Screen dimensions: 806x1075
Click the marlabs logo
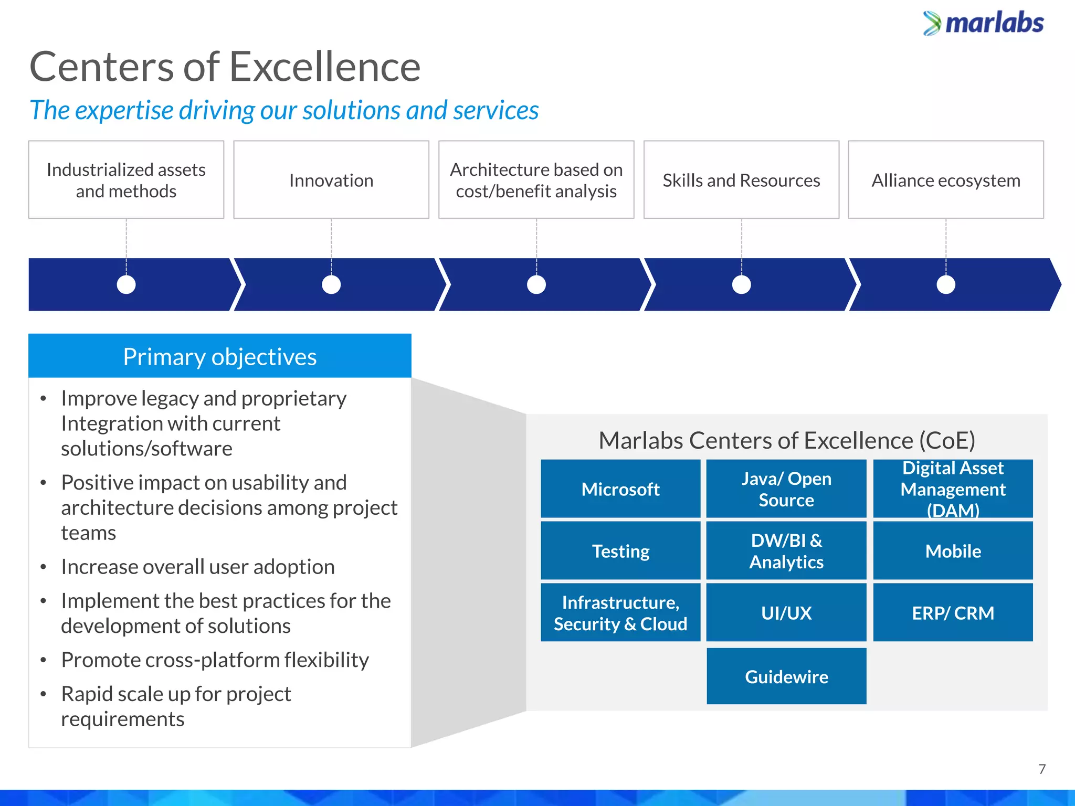point(984,23)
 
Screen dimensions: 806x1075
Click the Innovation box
point(331,180)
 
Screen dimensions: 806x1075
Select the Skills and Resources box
point(741,180)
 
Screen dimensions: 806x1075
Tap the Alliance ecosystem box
point(946,180)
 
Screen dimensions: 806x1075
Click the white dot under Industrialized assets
point(126,284)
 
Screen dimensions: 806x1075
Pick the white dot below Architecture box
point(536,284)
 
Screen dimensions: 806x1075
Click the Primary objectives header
point(220,356)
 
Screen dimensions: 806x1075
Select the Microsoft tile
point(620,489)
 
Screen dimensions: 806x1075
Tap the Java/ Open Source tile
point(786,489)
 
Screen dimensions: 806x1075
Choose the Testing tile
point(620,551)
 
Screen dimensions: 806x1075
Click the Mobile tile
point(953,551)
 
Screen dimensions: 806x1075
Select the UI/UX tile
point(786,613)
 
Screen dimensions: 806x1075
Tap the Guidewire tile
point(786,676)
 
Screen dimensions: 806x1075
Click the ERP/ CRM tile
point(953,613)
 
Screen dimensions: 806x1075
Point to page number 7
point(1042,769)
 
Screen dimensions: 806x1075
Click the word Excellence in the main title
point(325,67)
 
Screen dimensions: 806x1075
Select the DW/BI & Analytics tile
point(786,551)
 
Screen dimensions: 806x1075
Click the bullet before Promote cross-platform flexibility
point(44,660)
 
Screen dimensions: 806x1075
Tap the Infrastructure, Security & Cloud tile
point(620,613)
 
